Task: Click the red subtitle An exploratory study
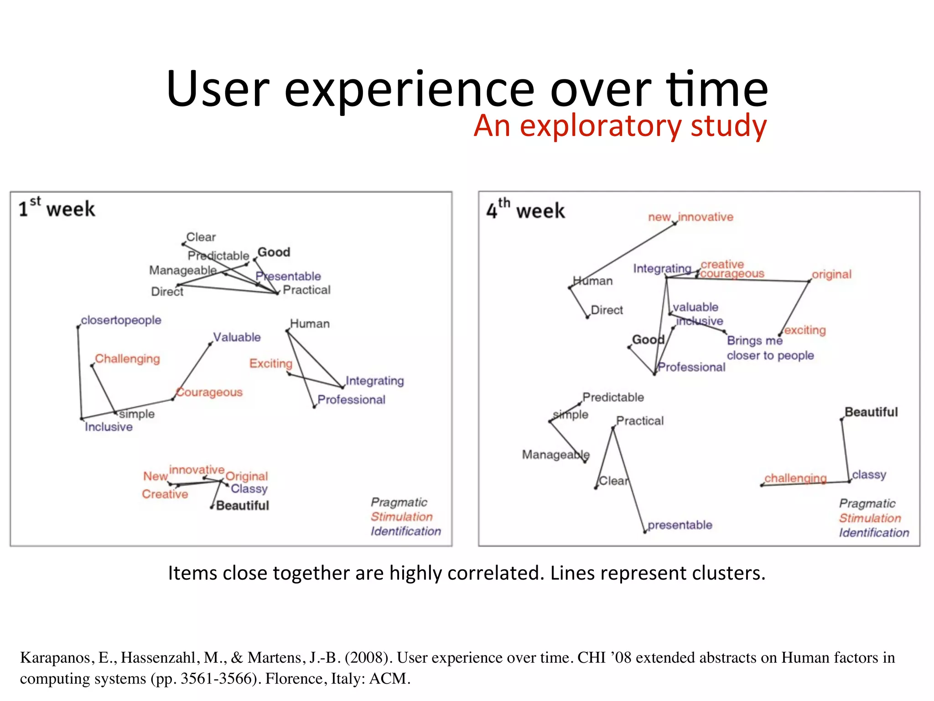[620, 126]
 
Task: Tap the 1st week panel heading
[57, 209]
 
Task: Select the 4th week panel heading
[525, 210]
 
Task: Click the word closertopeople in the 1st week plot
[121, 320]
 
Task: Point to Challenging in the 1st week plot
[127, 359]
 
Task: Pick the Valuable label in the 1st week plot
[237, 337]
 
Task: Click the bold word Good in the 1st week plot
[274, 252]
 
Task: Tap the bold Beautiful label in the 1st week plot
[242, 506]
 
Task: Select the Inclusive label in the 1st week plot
[109, 427]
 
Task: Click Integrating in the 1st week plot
[374, 381]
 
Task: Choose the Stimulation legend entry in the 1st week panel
[401, 517]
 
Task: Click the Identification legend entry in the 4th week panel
[874, 533]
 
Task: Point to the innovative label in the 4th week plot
[706, 217]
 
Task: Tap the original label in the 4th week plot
[831, 274]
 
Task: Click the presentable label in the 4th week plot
[680, 525]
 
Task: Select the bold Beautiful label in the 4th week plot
[871, 412]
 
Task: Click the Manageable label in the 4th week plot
[555, 455]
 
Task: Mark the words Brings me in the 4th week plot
[754, 340]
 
